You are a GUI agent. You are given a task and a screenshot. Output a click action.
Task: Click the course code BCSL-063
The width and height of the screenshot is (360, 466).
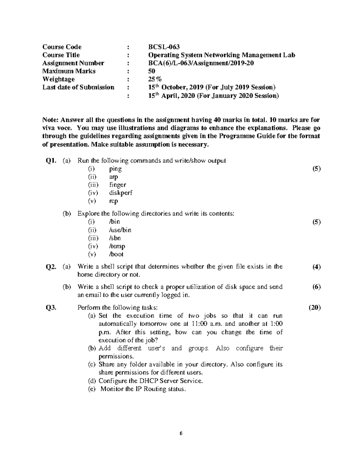164,47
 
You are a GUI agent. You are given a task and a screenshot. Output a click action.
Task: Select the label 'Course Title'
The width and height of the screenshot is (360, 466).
61,55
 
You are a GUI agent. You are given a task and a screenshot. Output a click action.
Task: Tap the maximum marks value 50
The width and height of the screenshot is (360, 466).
152,71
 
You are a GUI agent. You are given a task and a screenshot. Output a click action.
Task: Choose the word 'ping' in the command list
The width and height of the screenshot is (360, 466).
115,169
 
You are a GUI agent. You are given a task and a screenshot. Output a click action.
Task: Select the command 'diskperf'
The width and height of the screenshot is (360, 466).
121,193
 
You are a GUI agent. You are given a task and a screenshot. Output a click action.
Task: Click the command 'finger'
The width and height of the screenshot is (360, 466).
118,185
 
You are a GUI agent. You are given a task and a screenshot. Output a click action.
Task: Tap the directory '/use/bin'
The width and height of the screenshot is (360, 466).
120,230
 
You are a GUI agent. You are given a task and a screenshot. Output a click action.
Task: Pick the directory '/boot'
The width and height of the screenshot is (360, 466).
116,254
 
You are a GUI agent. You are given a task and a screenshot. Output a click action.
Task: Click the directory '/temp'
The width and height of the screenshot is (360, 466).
117,246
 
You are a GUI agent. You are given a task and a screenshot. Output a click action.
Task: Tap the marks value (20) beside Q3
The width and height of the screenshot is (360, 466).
315,308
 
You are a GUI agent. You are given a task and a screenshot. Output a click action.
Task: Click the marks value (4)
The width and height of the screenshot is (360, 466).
316,267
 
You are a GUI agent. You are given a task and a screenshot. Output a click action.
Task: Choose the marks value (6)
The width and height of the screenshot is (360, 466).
316,287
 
